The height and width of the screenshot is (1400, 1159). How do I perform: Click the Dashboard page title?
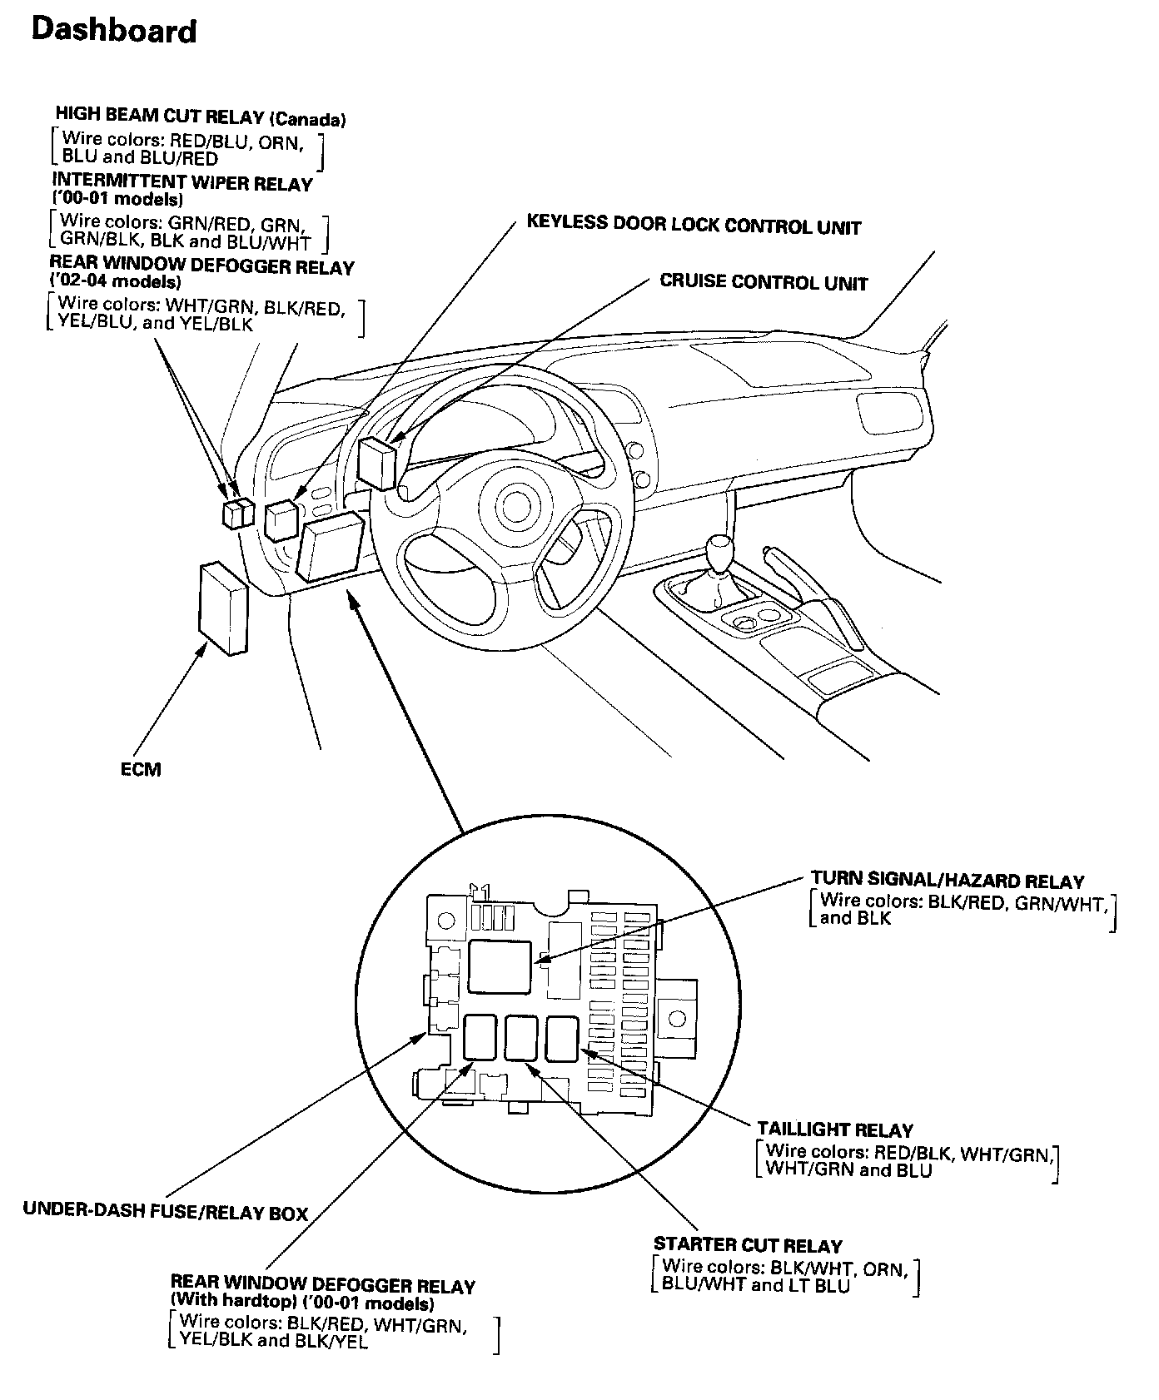[x=113, y=32]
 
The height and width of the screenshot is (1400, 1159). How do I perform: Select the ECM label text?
[x=141, y=769]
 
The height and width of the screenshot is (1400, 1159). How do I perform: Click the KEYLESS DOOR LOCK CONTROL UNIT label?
[x=694, y=226]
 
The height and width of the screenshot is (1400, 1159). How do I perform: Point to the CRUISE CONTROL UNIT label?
[x=764, y=282]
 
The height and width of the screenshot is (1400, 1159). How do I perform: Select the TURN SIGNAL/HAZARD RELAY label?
[x=948, y=881]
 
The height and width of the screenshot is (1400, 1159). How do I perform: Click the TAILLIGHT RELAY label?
[x=835, y=1129]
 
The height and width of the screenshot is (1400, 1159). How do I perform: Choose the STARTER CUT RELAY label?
[x=748, y=1245]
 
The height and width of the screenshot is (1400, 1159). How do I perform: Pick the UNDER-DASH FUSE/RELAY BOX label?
[x=166, y=1213]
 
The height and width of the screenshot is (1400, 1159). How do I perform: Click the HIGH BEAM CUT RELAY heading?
[x=200, y=117]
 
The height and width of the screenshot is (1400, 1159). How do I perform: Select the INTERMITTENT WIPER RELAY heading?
[x=182, y=183]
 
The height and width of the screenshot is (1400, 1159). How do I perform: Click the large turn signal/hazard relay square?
[x=500, y=966]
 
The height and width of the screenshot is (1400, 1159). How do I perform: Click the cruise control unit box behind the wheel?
[x=377, y=464]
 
